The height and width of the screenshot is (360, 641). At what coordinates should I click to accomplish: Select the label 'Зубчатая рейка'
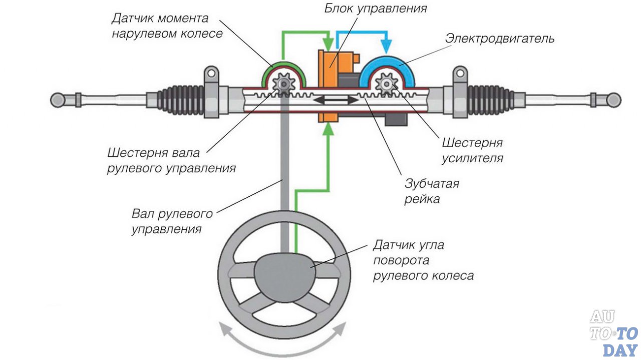click(432, 191)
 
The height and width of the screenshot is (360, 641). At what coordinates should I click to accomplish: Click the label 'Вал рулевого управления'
click(172, 222)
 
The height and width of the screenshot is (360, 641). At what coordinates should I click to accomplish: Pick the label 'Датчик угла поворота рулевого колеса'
click(423, 260)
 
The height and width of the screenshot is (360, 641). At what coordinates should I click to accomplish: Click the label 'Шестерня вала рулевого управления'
click(171, 160)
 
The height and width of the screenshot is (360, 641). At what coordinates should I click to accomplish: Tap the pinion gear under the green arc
click(284, 83)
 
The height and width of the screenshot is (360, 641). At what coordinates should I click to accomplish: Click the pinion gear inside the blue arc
click(387, 83)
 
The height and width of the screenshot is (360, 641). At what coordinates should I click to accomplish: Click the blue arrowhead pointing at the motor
click(386, 48)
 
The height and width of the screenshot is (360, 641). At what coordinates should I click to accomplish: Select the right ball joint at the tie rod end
click(613, 100)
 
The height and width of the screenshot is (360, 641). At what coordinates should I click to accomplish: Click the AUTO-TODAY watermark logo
click(613, 333)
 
